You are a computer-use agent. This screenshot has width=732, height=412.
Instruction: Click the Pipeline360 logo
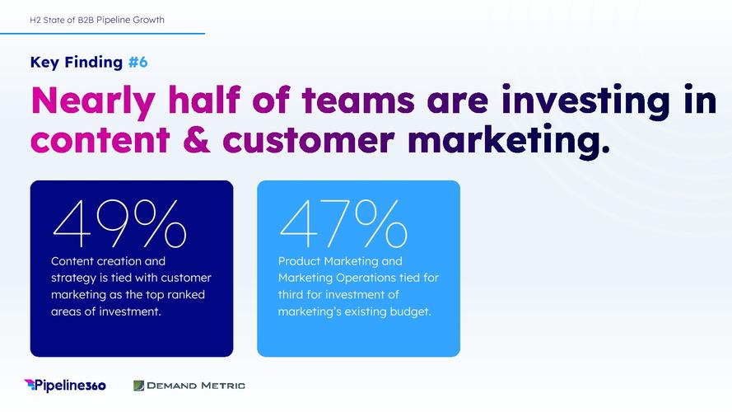pos(65,386)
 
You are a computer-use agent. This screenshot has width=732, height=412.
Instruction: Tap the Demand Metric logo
pos(189,386)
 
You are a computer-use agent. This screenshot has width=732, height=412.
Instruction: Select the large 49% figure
pos(119,224)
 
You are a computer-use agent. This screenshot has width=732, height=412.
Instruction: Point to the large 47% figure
pos(343,224)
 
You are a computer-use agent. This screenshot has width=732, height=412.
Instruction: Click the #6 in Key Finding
pos(138,62)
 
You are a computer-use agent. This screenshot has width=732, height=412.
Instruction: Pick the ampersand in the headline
pos(197,140)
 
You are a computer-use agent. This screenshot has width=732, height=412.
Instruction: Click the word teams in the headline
pos(358,100)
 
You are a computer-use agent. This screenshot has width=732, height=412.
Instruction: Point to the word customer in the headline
pos(309,141)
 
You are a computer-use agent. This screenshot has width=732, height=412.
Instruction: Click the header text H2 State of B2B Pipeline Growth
pos(97,20)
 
